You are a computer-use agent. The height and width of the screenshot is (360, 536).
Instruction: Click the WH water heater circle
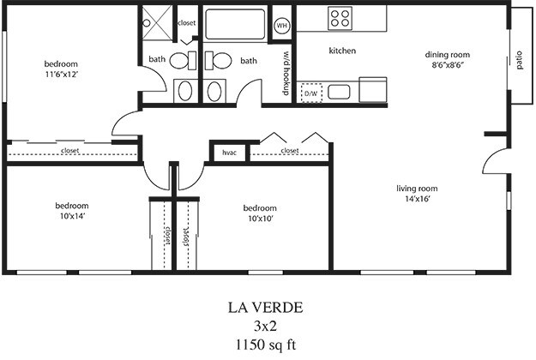(x=281, y=26)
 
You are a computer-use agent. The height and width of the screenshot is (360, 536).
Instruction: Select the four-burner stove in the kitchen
(x=340, y=18)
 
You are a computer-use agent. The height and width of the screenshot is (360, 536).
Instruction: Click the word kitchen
(x=342, y=51)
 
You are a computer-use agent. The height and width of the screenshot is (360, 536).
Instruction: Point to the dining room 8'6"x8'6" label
(x=448, y=60)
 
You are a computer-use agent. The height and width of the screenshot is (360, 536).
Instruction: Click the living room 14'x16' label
(x=418, y=194)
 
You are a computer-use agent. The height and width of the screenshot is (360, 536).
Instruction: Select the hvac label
(x=229, y=153)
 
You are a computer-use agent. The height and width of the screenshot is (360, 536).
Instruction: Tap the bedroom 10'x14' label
(x=72, y=211)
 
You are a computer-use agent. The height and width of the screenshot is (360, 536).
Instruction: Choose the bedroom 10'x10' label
(x=259, y=213)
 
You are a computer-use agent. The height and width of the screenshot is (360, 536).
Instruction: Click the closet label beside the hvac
(x=289, y=151)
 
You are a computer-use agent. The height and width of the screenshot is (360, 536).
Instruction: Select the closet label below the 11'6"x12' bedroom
(x=71, y=152)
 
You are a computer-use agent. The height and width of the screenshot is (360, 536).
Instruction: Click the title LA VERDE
(x=266, y=307)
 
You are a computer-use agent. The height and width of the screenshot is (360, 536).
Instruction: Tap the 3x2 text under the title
(x=266, y=326)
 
